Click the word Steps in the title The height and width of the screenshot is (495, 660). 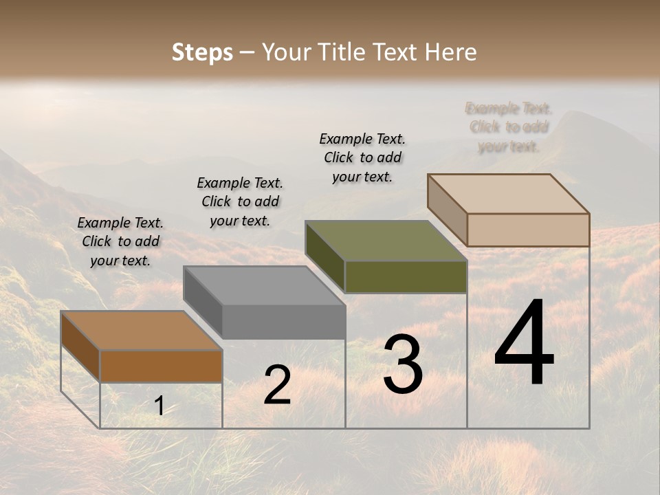pyautogui.click(x=202, y=52)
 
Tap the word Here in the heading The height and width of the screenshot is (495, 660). pyautogui.click(x=450, y=52)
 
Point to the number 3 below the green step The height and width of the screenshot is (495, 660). pyautogui.click(x=403, y=364)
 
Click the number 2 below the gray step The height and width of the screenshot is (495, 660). pyautogui.click(x=277, y=386)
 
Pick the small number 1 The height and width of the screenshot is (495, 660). pyautogui.click(x=159, y=406)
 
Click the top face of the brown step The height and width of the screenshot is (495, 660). pyautogui.click(x=141, y=331)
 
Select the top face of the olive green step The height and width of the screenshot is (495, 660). pyautogui.click(x=386, y=241)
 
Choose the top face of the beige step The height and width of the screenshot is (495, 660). pyautogui.click(x=508, y=194)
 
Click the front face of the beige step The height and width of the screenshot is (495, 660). pyautogui.click(x=528, y=230)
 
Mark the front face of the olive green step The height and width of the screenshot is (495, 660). pyautogui.click(x=406, y=276)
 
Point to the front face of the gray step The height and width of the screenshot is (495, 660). pyautogui.click(x=283, y=322)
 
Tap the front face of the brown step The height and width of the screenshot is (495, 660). pyautogui.click(x=161, y=366)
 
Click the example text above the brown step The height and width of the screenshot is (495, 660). pyautogui.click(x=120, y=241)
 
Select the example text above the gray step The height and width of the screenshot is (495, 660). pyautogui.click(x=240, y=201)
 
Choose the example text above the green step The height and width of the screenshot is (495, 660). pyautogui.click(x=362, y=157)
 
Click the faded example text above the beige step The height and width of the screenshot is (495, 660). pyautogui.click(x=509, y=127)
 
